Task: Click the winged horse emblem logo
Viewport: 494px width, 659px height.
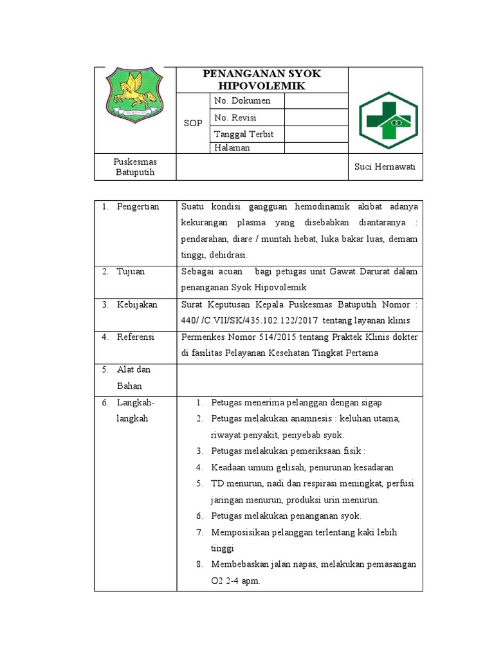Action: pyautogui.click(x=134, y=95)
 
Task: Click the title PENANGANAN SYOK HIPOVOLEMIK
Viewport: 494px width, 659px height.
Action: pyautogui.click(x=261, y=80)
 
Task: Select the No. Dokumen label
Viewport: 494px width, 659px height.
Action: pyautogui.click(x=242, y=101)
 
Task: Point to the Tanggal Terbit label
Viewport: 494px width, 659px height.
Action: pyautogui.click(x=244, y=135)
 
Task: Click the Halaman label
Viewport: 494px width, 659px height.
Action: pyautogui.click(x=232, y=148)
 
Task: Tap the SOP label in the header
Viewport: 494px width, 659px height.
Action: pyautogui.click(x=192, y=123)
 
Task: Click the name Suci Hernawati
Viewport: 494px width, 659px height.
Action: pyautogui.click(x=385, y=167)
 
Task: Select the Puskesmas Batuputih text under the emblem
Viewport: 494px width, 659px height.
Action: pyautogui.click(x=135, y=167)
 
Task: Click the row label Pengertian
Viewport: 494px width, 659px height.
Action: pyautogui.click(x=138, y=207)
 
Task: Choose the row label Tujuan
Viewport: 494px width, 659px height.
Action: pyautogui.click(x=131, y=272)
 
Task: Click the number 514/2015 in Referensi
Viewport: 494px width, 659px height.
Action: pyautogui.click(x=278, y=337)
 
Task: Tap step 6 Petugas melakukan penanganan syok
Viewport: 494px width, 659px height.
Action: pyautogui.click(x=286, y=516)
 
